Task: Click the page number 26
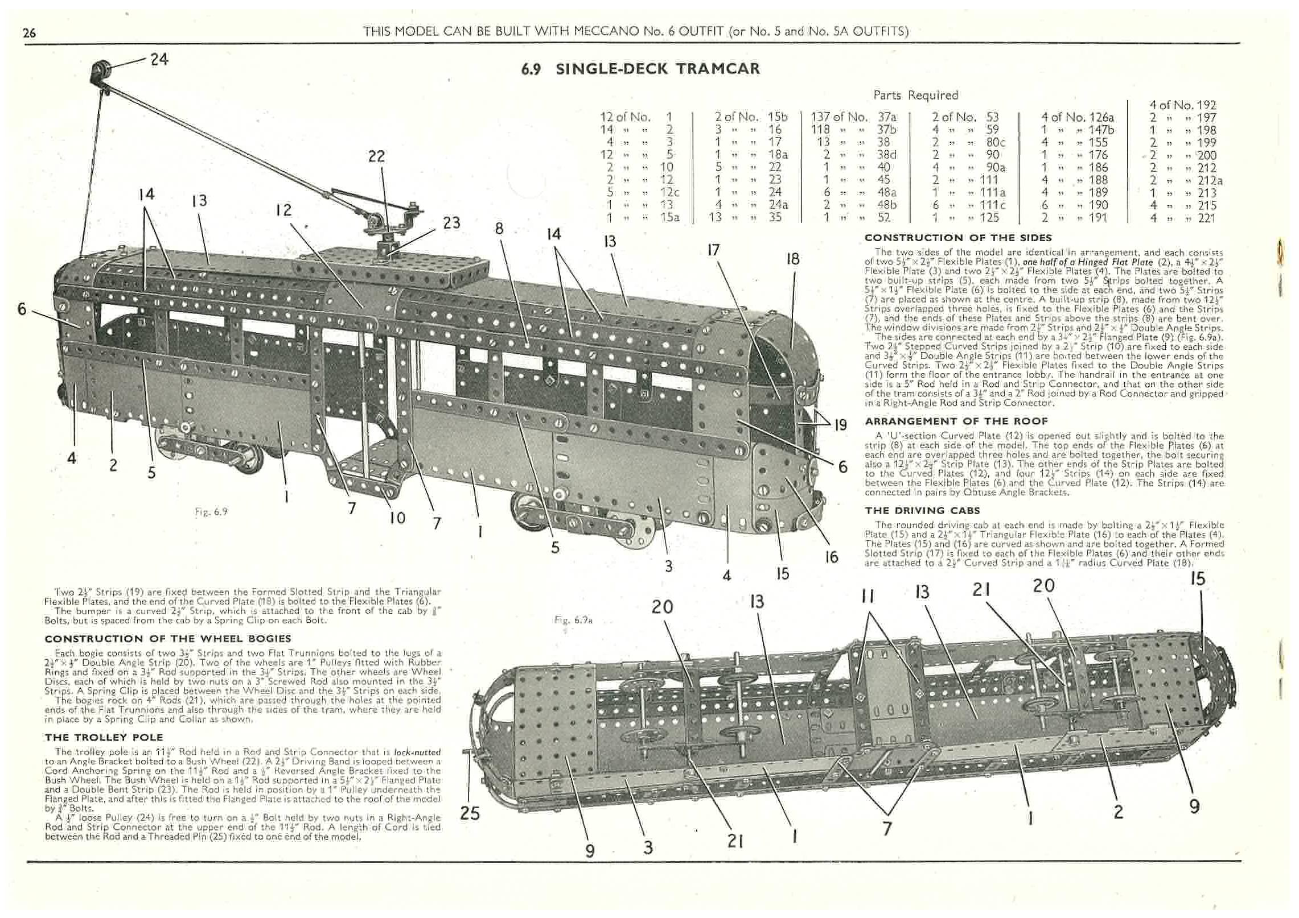[29, 33]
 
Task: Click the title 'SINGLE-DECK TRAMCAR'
[657, 69]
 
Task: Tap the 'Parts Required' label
[915, 95]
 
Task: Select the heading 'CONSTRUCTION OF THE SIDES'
[958, 238]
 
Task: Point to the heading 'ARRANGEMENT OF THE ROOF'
[956, 421]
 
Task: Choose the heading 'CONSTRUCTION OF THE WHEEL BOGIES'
[168, 638]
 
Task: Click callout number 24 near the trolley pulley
[159, 59]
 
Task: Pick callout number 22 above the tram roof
[376, 156]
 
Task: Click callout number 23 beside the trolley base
[451, 222]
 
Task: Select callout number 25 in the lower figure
[470, 813]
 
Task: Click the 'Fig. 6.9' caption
[211, 511]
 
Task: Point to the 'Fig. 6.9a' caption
[573, 620]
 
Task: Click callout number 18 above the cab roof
[793, 259]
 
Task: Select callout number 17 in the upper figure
[713, 250]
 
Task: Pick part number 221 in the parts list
[1207, 218]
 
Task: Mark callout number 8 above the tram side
[499, 229]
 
